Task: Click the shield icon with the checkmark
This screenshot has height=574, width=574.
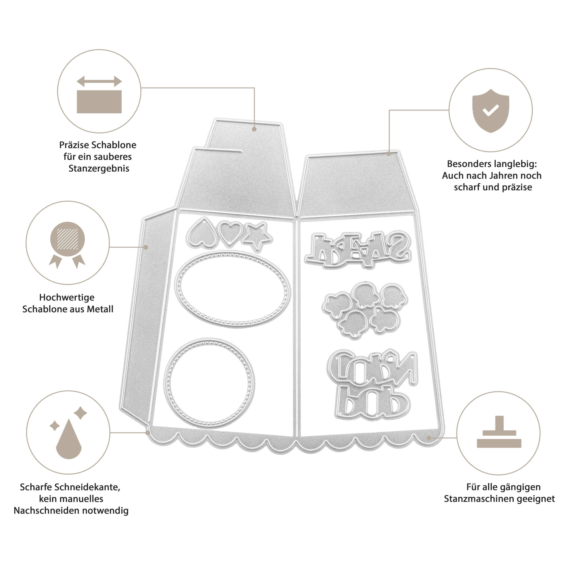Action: click(490, 110)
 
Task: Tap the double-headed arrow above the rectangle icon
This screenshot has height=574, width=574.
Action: click(99, 81)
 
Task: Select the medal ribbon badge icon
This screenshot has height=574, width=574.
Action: click(67, 245)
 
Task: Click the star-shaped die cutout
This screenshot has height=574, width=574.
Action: click(257, 236)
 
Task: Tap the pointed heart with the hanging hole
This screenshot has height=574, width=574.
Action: click(201, 233)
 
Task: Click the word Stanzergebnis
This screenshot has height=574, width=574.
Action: click(99, 168)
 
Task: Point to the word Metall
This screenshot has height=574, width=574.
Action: click(100, 309)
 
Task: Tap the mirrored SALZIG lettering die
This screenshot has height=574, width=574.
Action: click(358, 250)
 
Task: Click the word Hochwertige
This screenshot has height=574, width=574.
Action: click(67, 297)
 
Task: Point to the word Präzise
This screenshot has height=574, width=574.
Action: click(74, 145)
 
